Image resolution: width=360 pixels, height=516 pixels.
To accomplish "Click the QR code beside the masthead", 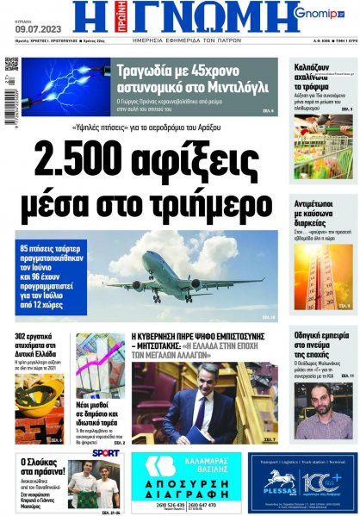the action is tap(11, 64).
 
